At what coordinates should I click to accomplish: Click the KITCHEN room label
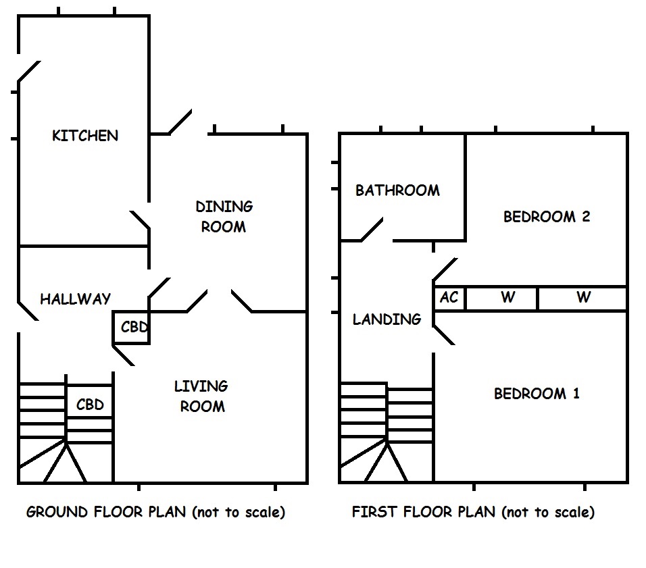pyautogui.click(x=85, y=136)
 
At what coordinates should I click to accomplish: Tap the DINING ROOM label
pyautogui.click(x=224, y=216)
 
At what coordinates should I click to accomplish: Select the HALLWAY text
pyautogui.click(x=75, y=299)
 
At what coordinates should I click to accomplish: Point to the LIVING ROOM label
pyautogui.click(x=201, y=396)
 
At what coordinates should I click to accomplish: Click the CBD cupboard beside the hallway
pyautogui.click(x=133, y=328)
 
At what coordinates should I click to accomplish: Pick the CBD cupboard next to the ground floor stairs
pyautogui.click(x=90, y=405)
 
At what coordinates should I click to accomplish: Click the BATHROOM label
pyautogui.click(x=397, y=190)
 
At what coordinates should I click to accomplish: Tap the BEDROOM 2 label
pyautogui.click(x=547, y=217)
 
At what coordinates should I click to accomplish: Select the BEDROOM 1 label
pyautogui.click(x=537, y=394)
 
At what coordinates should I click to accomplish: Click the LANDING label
pyautogui.click(x=387, y=319)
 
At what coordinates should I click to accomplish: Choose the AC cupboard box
pyautogui.click(x=449, y=298)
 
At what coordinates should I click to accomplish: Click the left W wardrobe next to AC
pyautogui.click(x=507, y=298)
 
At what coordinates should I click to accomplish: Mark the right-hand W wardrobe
pyautogui.click(x=583, y=298)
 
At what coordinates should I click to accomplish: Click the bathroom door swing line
pyautogui.click(x=372, y=229)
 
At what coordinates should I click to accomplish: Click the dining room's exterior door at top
pyautogui.click(x=180, y=122)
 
